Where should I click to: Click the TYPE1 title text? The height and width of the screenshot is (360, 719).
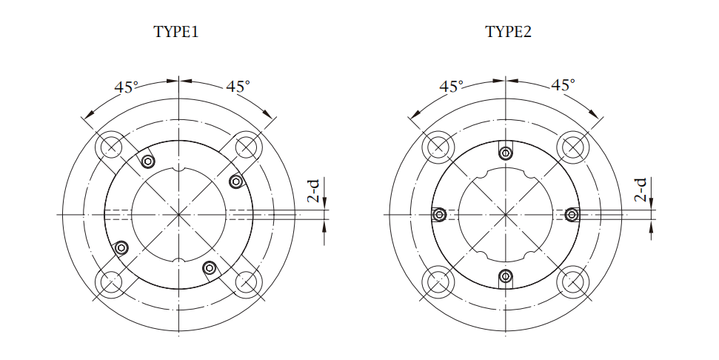(176, 32)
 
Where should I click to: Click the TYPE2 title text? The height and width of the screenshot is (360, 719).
(508, 32)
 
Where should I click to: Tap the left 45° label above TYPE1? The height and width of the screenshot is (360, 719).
(126, 87)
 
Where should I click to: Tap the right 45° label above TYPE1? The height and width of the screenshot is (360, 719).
(238, 86)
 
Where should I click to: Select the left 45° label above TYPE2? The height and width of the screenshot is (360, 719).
(452, 86)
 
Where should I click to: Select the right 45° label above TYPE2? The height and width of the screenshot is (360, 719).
(563, 85)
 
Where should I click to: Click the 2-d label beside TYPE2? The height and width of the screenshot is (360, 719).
(641, 190)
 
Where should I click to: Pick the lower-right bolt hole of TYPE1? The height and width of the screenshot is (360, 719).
(247, 281)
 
